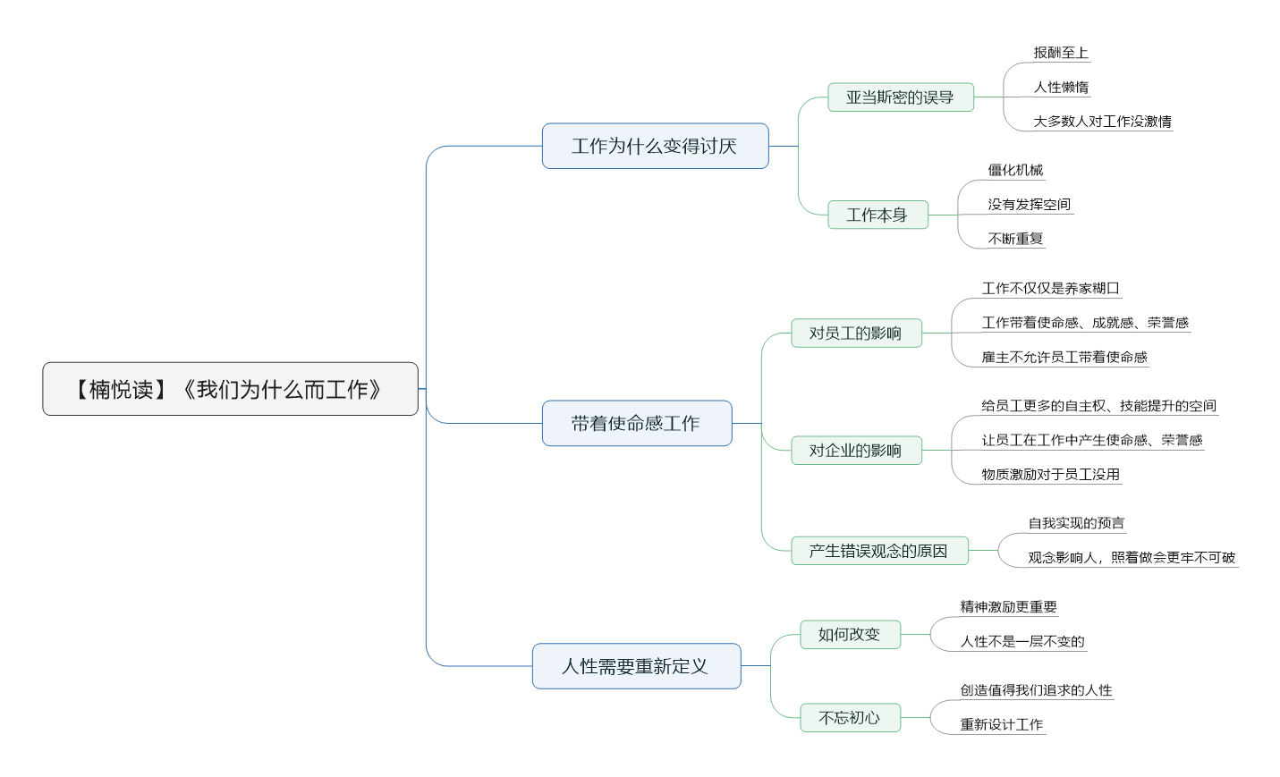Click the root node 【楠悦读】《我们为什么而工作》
point(230,388)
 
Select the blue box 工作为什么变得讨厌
point(655,146)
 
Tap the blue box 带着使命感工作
point(637,423)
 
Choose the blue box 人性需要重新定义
point(637,665)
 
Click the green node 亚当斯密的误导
point(901,97)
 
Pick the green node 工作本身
point(877,215)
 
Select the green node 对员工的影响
point(856,333)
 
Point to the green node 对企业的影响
point(856,451)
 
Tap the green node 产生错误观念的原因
point(879,550)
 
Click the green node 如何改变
point(851,634)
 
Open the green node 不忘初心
point(851,717)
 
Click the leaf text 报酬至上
point(1061,53)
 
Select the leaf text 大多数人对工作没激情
point(1102,121)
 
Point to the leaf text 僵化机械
point(1015,170)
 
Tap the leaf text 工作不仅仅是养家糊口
point(1050,288)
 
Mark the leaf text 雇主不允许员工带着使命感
point(1064,357)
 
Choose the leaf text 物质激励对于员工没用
point(1050,474)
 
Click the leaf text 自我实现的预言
point(1076,523)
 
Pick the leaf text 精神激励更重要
point(1009,606)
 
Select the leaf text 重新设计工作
point(1002,724)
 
